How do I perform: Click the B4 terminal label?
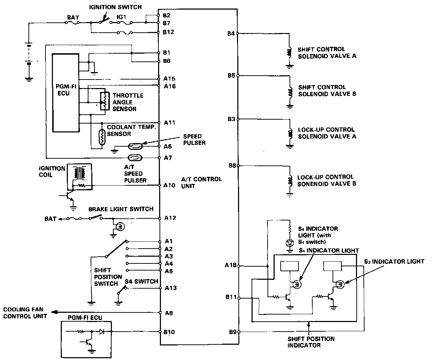231,34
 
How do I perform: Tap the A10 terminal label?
169,185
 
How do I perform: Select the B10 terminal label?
169,332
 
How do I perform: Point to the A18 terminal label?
231,265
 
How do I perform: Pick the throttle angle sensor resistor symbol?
104,102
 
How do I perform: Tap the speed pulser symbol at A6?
135,146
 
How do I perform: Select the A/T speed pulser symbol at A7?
135,158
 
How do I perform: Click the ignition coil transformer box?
79,176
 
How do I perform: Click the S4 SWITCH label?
141,281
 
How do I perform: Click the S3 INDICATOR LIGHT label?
394,262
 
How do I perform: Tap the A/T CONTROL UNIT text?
201,182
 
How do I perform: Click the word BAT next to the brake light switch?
50,219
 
